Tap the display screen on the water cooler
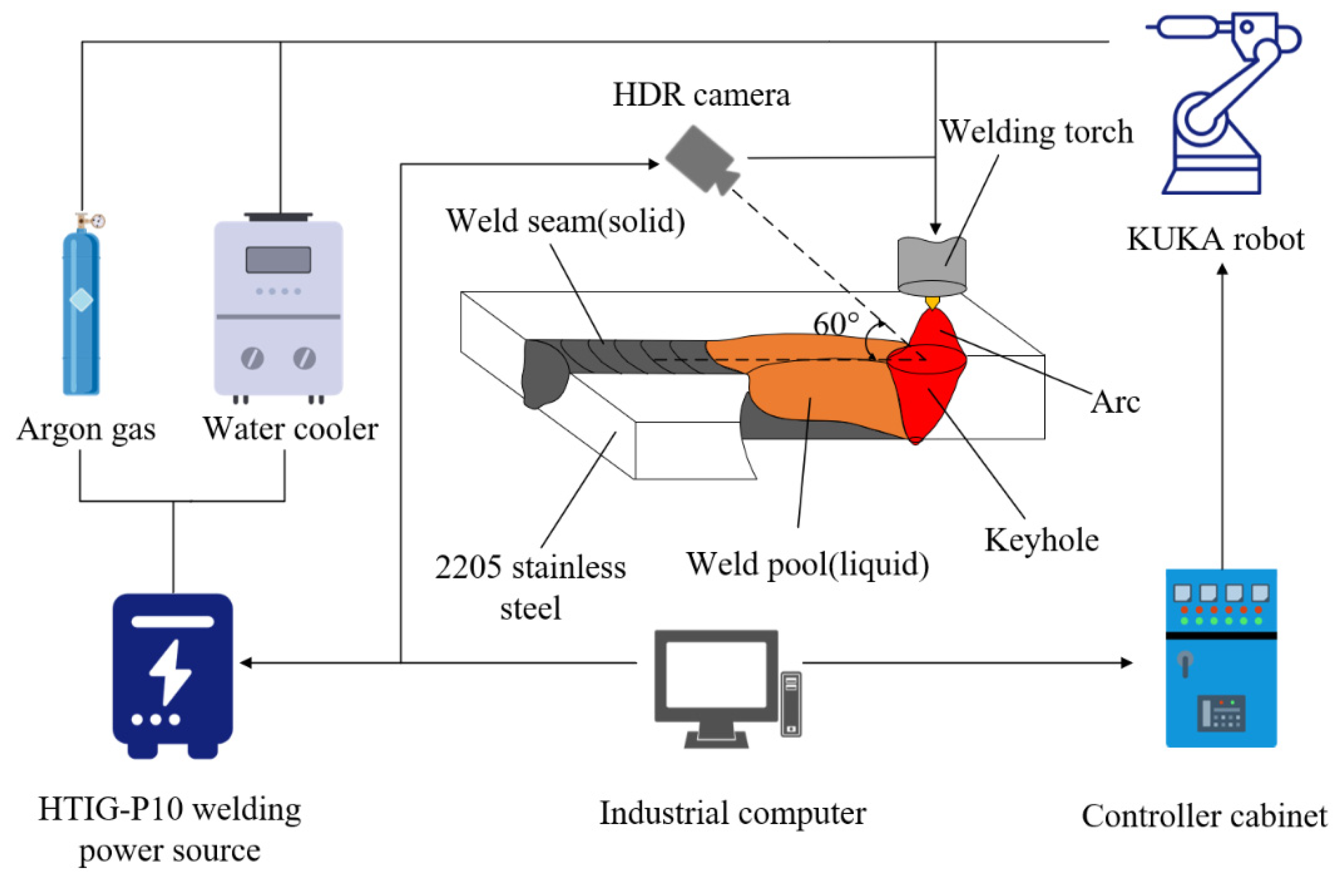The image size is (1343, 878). pos(278,260)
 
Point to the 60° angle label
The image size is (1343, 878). pos(835,325)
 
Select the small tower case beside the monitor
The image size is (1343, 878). pos(791,704)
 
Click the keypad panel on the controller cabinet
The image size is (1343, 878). pos(1221,713)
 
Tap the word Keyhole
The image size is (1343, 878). pos(1042,540)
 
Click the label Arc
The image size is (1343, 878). pos(1115,402)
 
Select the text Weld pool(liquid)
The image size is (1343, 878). pos(807,564)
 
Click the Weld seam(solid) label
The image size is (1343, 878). pos(565,220)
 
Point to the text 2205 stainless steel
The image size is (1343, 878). pos(530,587)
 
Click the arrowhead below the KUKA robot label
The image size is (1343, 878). pos(1222,269)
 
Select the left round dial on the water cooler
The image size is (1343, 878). pos(252,358)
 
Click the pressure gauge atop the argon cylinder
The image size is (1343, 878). pos(98,220)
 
